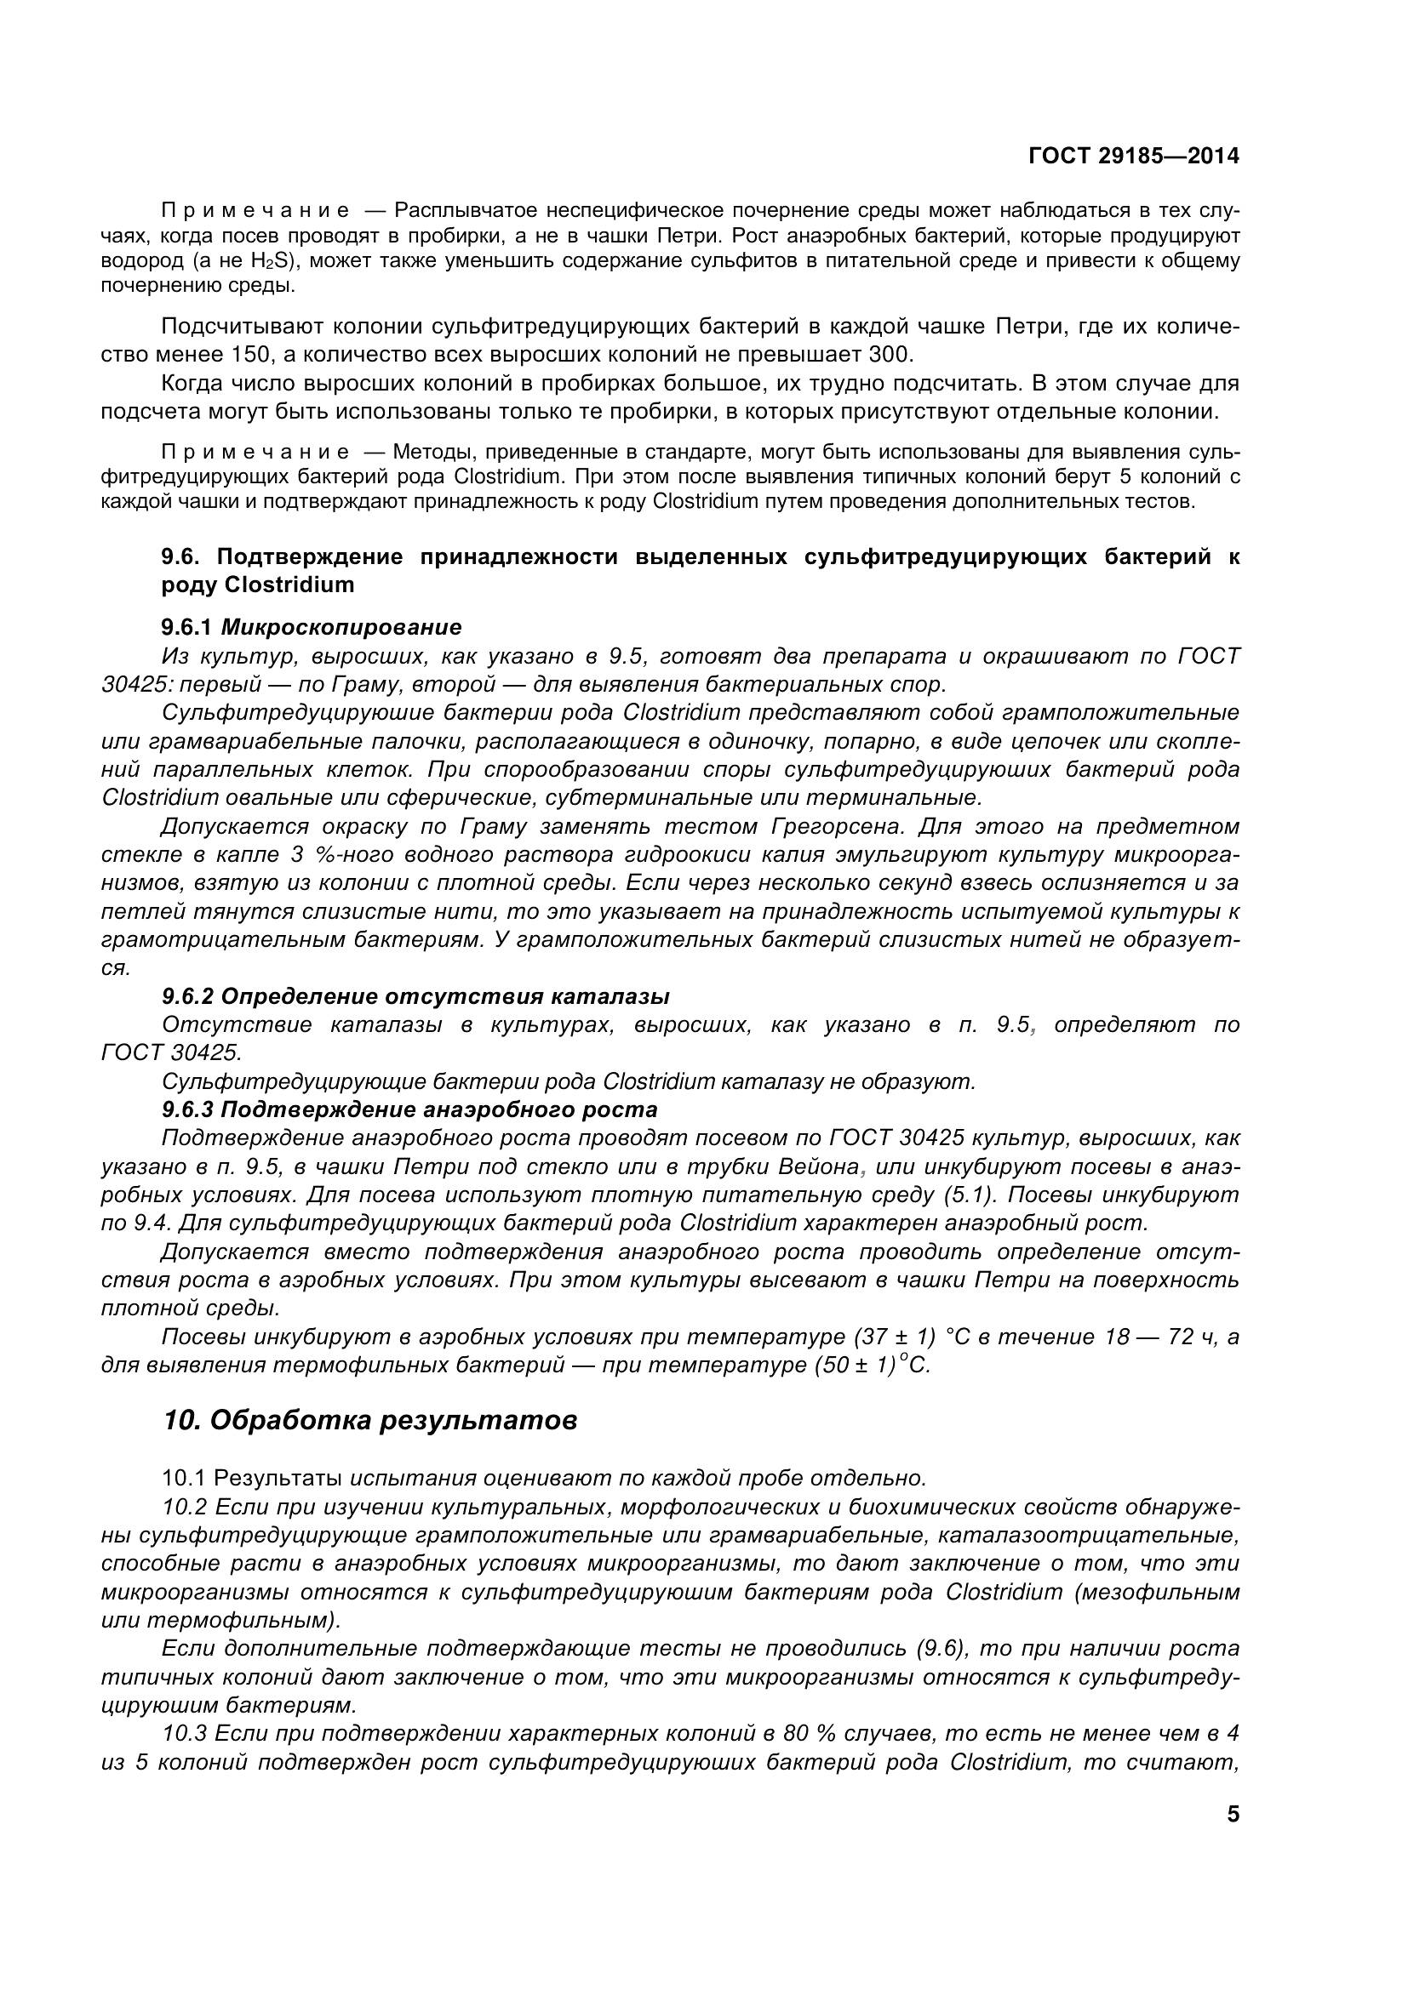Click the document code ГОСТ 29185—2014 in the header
(1133, 156)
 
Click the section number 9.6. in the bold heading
(180, 556)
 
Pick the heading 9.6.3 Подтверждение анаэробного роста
(409, 1109)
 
